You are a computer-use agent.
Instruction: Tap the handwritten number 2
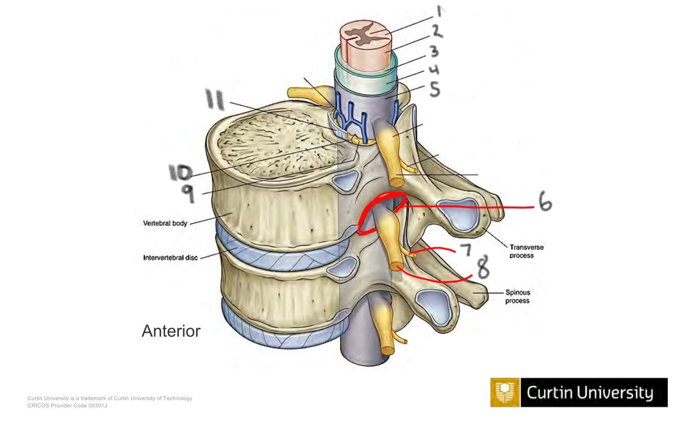pyautogui.click(x=437, y=31)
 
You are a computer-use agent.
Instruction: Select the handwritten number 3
pyautogui.click(x=434, y=52)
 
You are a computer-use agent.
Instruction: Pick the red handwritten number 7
pyautogui.click(x=465, y=250)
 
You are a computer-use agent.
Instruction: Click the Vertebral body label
pyautogui.click(x=165, y=223)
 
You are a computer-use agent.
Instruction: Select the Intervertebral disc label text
pyautogui.click(x=170, y=258)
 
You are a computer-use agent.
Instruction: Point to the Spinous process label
pyautogui.click(x=517, y=296)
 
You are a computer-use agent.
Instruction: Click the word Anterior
pyautogui.click(x=171, y=331)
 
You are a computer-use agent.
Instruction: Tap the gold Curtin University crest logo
pyautogui.click(x=505, y=392)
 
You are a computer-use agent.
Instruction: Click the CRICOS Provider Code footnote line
pyautogui.click(x=67, y=405)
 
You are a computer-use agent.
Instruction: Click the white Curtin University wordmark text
pyautogui.click(x=590, y=393)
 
